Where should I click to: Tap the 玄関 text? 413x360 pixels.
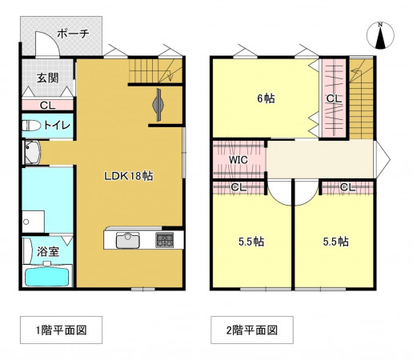click(x=46, y=78)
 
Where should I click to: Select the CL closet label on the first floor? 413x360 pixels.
click(x=46, y=104)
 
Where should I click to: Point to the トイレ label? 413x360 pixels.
click(x=57, y=126)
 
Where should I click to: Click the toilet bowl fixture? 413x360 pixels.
click(x=30, y=126)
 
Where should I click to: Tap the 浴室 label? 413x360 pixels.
click(x=48, y=251)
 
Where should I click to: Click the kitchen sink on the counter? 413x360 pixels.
click(x=128, y=240)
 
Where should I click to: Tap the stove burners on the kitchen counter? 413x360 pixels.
click(x=165, y=240)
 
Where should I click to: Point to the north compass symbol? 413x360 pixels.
click(x=382, y=36)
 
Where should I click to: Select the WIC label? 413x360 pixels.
click(x=238, y=159)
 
